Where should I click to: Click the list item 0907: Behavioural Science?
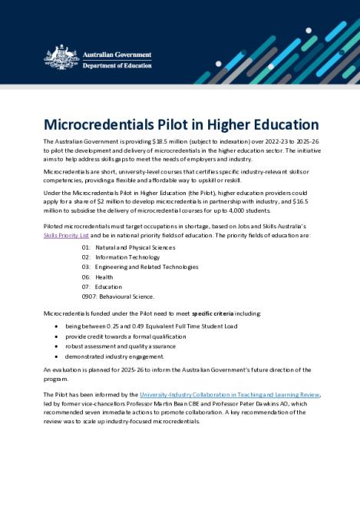[118, 296]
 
